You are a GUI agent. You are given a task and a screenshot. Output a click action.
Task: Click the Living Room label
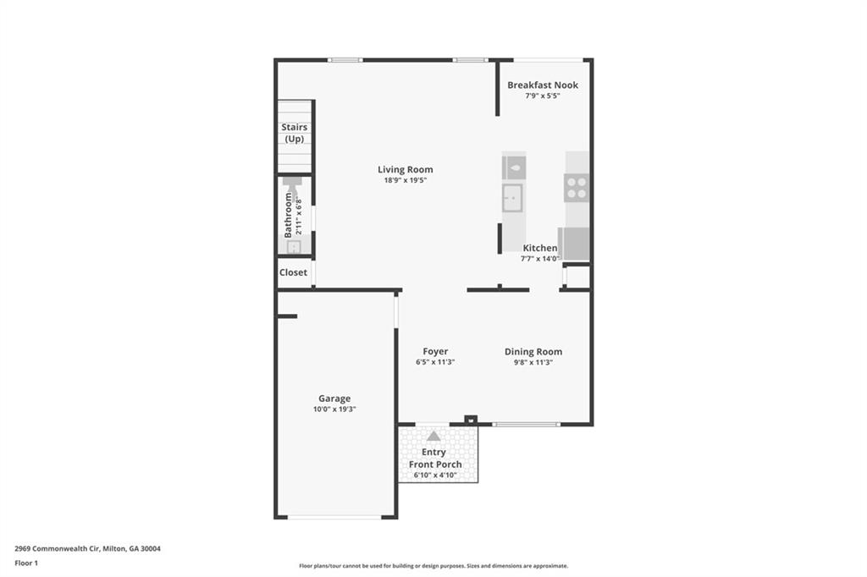point(405,169)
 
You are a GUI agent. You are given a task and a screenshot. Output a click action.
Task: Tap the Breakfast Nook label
point(543,85)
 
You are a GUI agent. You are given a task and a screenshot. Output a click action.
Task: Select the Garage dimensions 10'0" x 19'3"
point(334,409)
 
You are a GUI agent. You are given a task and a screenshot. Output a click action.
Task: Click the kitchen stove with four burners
point(577,188)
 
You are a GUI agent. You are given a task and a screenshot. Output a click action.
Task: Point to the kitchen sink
point(513,199)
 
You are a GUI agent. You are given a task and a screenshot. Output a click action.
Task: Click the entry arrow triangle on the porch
point(433,436)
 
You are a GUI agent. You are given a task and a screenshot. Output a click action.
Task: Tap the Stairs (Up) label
point(295,133)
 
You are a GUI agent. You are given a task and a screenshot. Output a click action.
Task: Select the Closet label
point(294,272)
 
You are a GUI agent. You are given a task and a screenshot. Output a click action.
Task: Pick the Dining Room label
point(533,352)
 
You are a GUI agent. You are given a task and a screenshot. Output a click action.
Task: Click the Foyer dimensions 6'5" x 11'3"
point(435,362)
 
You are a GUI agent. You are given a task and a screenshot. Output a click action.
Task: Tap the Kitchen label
point(540,248)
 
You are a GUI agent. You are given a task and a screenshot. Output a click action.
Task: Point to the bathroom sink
point(293,247)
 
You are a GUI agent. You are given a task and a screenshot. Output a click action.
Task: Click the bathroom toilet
point(293,185)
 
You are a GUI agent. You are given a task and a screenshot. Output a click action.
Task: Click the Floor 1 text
point(26,563)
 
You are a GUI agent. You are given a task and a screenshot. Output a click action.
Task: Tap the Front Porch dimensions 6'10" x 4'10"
point(435,475)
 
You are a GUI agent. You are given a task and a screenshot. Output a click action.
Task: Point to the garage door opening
point(334,517)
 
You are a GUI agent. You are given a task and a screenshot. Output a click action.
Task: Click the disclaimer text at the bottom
point(433,566)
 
